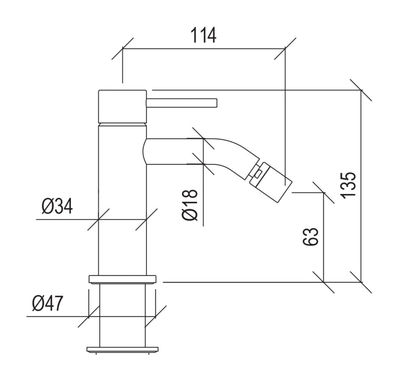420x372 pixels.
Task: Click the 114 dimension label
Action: (203, 35)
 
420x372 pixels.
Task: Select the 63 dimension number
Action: (311, 237)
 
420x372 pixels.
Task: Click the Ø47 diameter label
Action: (48, 303)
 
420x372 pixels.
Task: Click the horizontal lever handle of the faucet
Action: (182, 103)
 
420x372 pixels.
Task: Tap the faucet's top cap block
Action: (122, 106)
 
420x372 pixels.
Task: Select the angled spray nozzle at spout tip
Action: (271, 182)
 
